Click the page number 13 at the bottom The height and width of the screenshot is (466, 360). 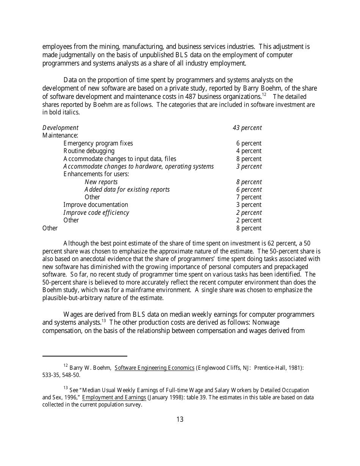[x=180, y=419]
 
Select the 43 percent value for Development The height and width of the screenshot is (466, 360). [x=247, y=128]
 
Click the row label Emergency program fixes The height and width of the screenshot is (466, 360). [x=98, y=143]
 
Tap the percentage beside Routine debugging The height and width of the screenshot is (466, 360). [x=249, y=151]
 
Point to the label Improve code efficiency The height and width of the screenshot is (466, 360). [x=96, y=213]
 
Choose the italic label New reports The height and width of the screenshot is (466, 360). [x=101, y=182]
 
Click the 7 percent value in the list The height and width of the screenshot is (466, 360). [x=249, y=197]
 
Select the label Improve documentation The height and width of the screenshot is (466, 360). [x=95, y=205]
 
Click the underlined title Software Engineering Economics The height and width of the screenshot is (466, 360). [x=154, y=368]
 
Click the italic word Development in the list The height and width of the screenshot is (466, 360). [x=60, y=128]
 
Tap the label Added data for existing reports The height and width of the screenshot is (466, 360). [x=127, y=189]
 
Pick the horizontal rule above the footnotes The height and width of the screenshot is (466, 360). [x=85, y=356]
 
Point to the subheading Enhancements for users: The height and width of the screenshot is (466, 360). [x=96, y=174]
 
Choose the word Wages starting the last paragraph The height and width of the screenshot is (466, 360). [x=72, y=314]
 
